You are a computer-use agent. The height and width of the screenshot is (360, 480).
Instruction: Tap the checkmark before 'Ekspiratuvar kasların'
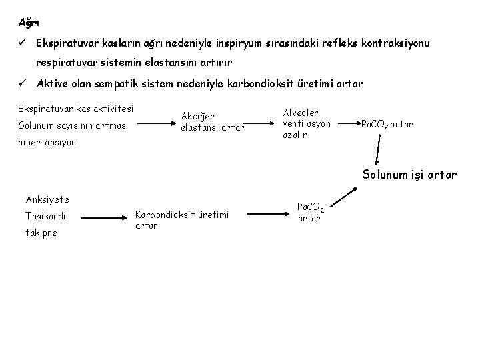(x=22, y=43)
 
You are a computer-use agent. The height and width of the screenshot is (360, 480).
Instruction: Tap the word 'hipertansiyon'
(x=47, y=142)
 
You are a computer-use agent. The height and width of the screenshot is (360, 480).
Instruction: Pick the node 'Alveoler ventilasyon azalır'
(x=306, y=120)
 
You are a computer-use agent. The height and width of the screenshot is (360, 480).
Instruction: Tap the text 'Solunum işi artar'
(x=409, y=175)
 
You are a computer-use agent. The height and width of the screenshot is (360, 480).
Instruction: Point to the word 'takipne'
(x=41, y=233)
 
